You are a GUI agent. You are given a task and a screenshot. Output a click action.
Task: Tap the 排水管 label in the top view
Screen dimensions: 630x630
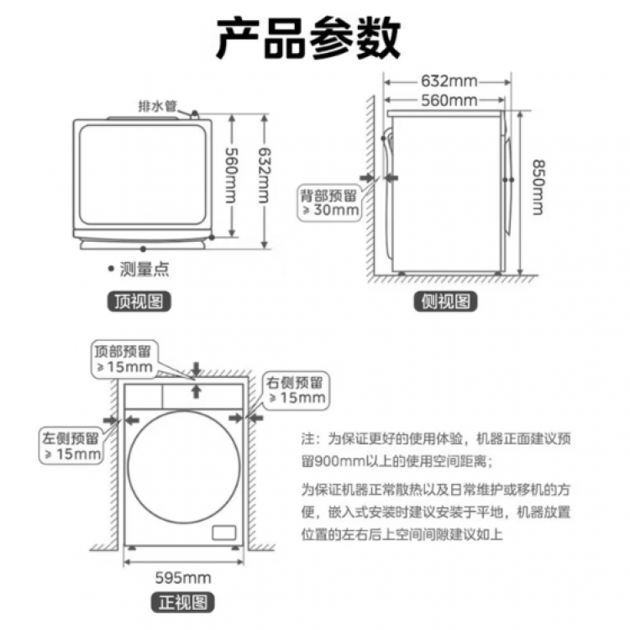tap(158, 107)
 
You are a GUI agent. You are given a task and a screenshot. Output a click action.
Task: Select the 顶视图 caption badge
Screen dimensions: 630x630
tap(138, 302)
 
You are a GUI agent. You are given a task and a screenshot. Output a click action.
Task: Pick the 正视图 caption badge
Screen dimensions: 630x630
tap(182, 601)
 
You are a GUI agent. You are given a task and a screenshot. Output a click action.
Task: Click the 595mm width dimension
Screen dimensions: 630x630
tap(183, 577)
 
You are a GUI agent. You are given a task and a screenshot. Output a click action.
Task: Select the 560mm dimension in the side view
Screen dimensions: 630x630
tap(448, 101)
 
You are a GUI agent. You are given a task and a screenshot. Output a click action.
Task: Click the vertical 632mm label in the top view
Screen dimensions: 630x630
tap(263, 180)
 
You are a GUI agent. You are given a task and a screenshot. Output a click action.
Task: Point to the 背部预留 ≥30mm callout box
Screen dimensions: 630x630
tap(330, 202)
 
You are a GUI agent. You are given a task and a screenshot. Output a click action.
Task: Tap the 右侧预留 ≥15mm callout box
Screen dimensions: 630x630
tap(295, 388)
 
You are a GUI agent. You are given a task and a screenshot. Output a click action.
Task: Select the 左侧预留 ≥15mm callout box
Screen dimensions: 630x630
tap(71, 445)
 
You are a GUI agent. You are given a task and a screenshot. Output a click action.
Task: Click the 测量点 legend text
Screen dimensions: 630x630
tap(144, 270)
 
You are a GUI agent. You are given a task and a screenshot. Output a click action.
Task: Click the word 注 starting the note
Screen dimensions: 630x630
tap(307, 438)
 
